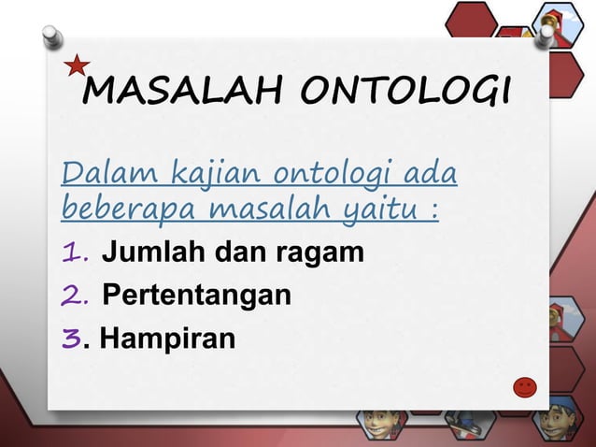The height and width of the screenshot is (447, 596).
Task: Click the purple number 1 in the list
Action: click(x=74, y=252)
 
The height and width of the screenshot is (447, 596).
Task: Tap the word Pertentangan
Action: click(x=196, y=296)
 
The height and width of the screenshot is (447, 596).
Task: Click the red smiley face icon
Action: click(x=526, y=386)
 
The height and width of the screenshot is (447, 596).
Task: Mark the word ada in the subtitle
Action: click(x=439, y=173)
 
